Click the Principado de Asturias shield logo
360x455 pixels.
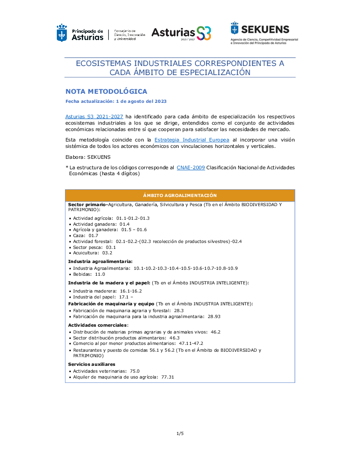(x=61, y=33)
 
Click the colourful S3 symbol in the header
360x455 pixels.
(x=205, y=33)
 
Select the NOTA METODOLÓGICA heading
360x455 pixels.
(x=106, y=91)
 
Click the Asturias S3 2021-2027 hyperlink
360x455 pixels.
(x=94, y=116)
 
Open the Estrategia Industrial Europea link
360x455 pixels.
(x=192, y=140)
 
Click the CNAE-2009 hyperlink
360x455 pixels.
(x=190, y=168)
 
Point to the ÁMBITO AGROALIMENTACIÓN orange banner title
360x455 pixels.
(x=180, y=195)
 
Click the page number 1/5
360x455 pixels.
(x=180, y=434)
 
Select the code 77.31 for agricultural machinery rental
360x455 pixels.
(x=168, y=377)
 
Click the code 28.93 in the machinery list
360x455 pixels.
(x=215, y=316)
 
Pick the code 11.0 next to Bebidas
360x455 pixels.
(x=100, y=274)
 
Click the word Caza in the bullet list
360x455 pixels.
(x=79, y=236)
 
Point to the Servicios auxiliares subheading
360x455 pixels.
(x=91, y=364)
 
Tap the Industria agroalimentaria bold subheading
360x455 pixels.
(x=100, y=262)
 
